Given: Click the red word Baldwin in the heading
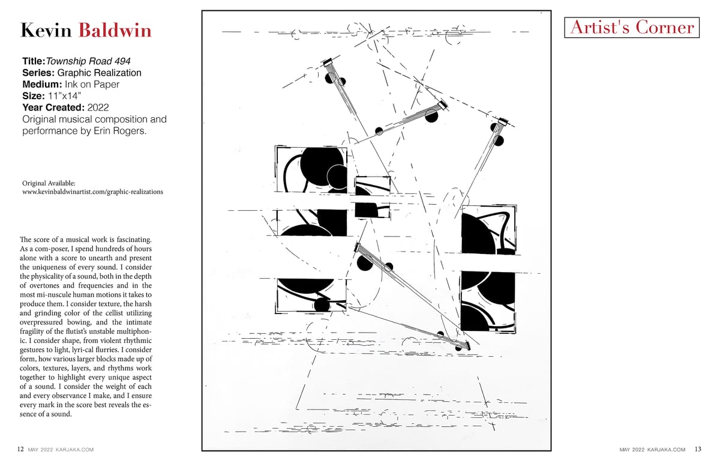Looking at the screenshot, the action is (115, 31).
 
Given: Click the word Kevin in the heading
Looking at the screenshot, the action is (46, 31).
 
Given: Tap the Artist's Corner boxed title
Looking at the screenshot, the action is (632, 28).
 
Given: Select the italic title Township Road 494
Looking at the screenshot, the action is (88, 61).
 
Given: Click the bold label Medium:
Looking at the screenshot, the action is (42, 84).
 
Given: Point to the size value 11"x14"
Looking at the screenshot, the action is (64, 96).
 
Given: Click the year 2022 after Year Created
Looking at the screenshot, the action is (98, 107).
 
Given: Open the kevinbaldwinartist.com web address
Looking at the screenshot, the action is (92, 192).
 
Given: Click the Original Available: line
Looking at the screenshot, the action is (49, 183).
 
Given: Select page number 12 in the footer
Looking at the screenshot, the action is (20, 449).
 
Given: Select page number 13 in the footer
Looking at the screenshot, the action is (698, 449).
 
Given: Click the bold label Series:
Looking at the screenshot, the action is (38, 73).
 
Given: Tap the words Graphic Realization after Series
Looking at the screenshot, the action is (100, 73).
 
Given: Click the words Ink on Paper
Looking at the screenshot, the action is (92, 84).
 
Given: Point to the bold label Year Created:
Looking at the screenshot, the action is (53, 107).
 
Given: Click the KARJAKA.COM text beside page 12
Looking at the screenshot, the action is (74, 450).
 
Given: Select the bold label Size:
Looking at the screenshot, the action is (34, 96).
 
